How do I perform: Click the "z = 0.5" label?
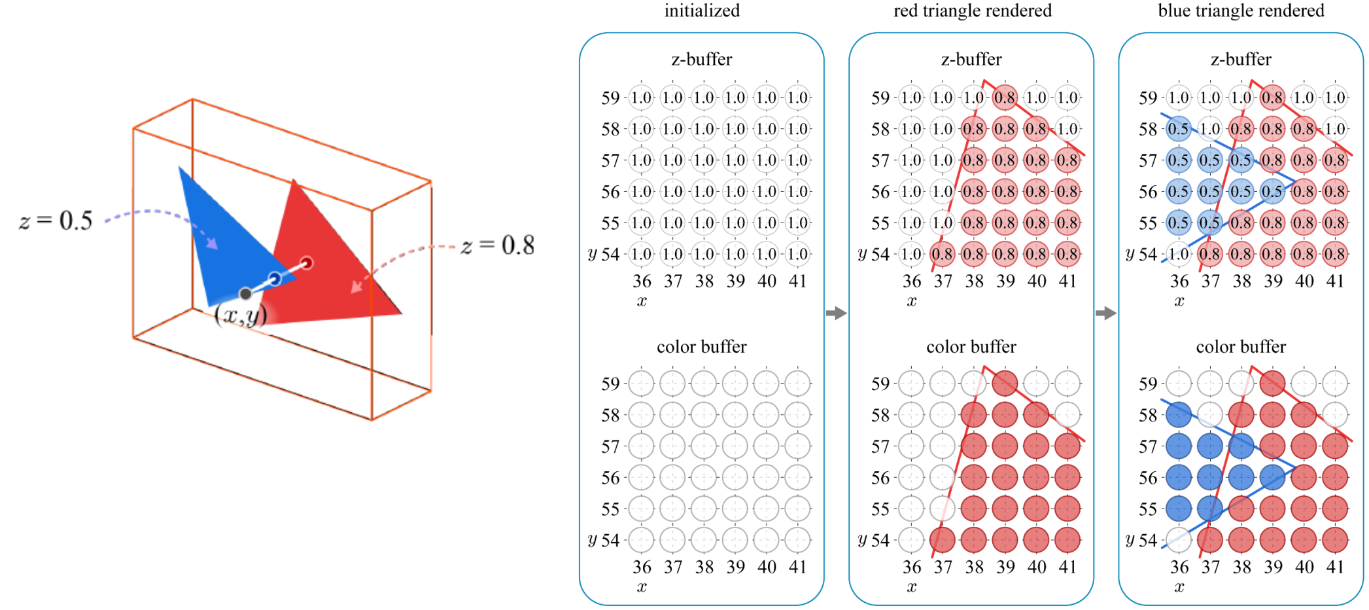click(x=56, y=221)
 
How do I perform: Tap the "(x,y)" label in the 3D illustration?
click(x=241, y=315)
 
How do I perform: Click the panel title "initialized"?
click(x=702, y=10)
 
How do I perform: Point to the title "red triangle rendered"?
click(x=972, y=10)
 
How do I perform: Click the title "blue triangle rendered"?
click(x=1241, y=10)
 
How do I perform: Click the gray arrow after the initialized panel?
click(x=836, y=314)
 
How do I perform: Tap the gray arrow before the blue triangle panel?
click(x=1105, y=314)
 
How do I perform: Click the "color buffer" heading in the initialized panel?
click(x=701, y=346)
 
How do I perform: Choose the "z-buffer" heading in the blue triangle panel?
click(x=1241, y=60)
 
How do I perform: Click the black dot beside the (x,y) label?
click(x=245, y=293)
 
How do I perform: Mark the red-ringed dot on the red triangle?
click(x=306, y=263)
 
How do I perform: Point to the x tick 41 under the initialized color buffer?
click(x=797, y=567)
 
